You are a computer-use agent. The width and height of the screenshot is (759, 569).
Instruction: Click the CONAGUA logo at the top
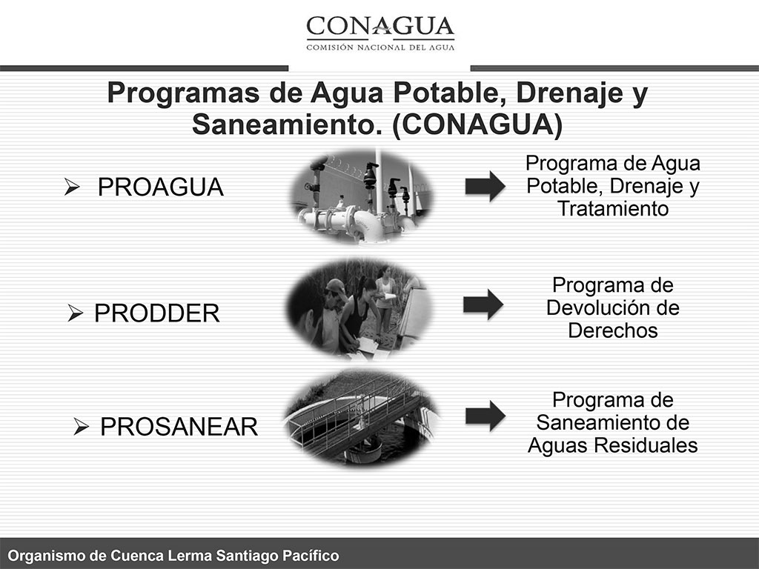coord(380,33)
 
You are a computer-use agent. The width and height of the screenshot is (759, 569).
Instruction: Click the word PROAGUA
coord(161,187)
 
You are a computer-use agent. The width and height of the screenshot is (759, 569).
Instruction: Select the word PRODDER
coord(157,313)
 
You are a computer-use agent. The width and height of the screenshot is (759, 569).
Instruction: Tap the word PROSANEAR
coord(179,427)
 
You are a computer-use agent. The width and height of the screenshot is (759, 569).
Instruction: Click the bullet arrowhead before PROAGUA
coord(72,187)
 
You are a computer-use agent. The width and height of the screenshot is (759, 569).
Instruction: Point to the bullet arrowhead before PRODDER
coord(75,313)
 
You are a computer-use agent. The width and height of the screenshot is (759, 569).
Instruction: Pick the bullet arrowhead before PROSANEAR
coord(81,426)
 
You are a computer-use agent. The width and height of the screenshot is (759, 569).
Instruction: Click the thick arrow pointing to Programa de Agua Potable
coord(485,186)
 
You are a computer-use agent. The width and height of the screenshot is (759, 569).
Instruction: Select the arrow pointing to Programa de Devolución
coord(483,305)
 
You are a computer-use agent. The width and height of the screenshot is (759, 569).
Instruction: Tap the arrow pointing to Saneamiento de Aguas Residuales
coord(485,416)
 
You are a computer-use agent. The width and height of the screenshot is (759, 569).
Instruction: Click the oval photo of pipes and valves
coord(361,196)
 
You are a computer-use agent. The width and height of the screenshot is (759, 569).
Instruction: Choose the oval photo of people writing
coord(358,309)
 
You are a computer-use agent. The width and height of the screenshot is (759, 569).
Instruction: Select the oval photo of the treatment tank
coord(361,419)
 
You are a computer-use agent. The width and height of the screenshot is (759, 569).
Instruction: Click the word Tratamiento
coord(613,209)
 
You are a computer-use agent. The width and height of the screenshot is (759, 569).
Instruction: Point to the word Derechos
coord(613,331)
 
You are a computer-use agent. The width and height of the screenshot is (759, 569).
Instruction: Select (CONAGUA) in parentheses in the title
coord(478,124)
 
